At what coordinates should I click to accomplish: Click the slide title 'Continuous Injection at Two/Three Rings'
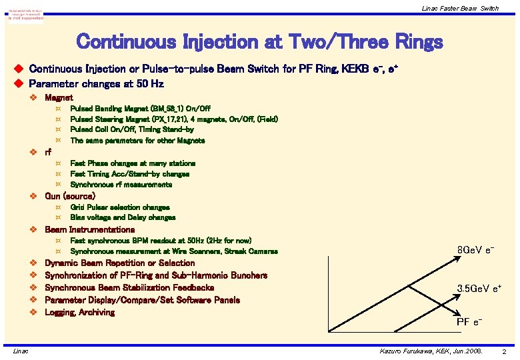pyautogui.click(x=259, y=42)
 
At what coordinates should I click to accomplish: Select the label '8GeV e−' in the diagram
pyautogui.click(x=475, y=250)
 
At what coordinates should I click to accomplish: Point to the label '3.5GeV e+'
pyautogui.click(x=479, y=288)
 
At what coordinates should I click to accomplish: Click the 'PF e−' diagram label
pyautogui.click(x=469, y=323)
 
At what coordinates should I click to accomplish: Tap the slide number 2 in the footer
pyautogui.click(x=505, y=351)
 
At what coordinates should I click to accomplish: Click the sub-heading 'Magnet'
pyautogui.click(x=59, y=97)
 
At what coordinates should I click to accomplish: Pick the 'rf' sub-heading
pyautogui.click(x=48, y=152)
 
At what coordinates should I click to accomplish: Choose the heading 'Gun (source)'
pyautogui.click(x=69, y=196)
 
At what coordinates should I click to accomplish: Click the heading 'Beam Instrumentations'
pyautogui.click(x=89, y=229)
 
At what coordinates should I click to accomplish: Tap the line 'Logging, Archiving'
pyautogui.click(x=79, y=312)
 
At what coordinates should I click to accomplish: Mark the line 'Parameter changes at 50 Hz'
pyautogui.click(x=96, y=84)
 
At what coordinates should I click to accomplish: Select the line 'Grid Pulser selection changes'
pyautogui.click(x=119, y=207)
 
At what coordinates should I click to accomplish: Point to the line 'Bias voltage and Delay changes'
pyautogui.click(x=123, y=217)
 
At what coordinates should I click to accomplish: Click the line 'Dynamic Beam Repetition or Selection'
pyautogui.click(x=119, y=263)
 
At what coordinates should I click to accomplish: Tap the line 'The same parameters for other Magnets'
pyautogui.click(x=137, y=141)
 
